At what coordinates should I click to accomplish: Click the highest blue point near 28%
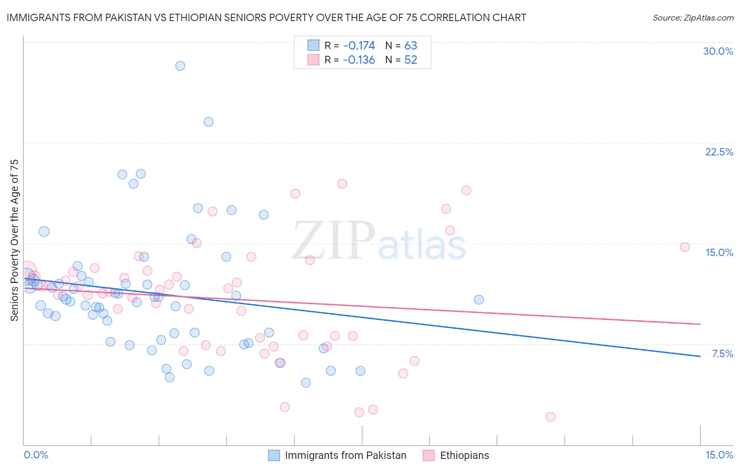click(x=180, y=66)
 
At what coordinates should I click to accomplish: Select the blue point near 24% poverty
click(x=208, y=122)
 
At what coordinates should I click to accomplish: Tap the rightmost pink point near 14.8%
click(x=685, y=247)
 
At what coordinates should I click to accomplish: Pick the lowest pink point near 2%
click(x=551, y=417)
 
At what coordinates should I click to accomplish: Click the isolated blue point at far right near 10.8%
click(x=479, y=300)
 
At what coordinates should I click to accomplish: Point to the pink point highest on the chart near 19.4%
click(x=342, y=184)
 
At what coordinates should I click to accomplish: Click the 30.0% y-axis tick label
click(x=718, y=51)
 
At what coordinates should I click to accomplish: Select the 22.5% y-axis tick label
click(x=719, y=152)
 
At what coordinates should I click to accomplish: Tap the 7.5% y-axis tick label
click(x=722, y=354)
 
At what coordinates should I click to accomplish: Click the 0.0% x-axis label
click(x=36, y=455)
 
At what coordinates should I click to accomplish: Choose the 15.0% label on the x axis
click(x=719, y=455)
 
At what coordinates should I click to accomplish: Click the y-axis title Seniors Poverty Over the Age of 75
click(x=15, y=240)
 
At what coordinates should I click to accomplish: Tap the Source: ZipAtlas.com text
click(x=693, y=18)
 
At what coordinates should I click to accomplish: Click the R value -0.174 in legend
click(x=358, y=45)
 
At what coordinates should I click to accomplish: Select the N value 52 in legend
click(x=411, y=60)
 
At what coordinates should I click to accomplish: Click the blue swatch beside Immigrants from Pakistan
click(x=274, y=455)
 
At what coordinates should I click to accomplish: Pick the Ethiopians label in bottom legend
click(x=464, y=455)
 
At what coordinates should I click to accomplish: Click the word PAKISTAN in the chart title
click(x=132, y=18)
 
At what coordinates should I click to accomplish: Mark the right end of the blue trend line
click(x=700, y=357)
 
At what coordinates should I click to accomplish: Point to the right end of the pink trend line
click(x=700, y=324)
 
